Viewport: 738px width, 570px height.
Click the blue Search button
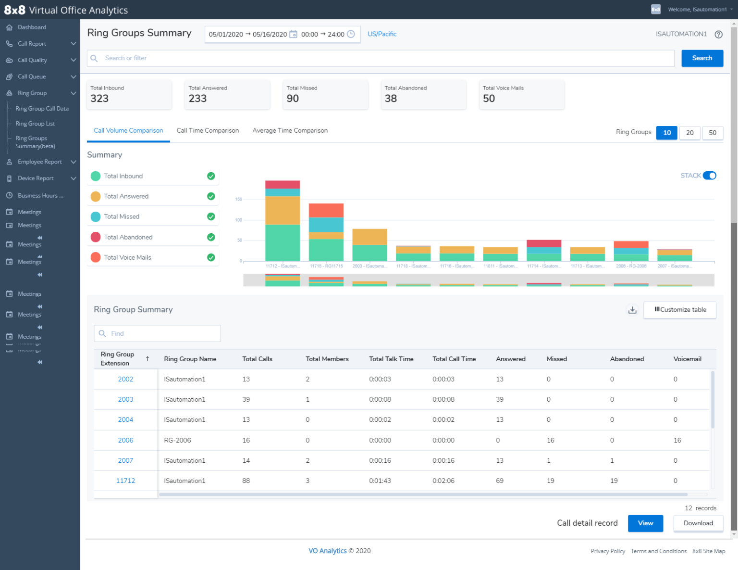702,58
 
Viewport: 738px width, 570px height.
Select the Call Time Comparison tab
208,130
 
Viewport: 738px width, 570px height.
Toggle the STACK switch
709,176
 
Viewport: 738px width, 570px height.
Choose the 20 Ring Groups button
689,133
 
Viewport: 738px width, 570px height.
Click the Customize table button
680,310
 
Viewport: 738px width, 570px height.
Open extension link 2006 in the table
125,440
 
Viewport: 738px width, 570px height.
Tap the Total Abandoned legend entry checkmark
211,237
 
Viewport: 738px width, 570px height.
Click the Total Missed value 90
293,99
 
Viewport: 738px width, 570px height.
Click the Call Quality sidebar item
32,60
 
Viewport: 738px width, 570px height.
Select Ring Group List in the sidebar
35,124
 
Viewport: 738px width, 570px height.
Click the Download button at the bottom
698,523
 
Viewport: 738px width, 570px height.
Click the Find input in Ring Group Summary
157,333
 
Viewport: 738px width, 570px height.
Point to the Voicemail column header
687,359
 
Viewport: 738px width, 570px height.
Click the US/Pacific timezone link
382,34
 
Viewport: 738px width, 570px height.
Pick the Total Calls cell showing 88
246,481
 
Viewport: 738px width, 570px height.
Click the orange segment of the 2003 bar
369,237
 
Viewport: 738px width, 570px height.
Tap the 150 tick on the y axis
239,199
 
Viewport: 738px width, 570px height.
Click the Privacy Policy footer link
608,551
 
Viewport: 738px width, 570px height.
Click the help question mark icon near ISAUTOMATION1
718,34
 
